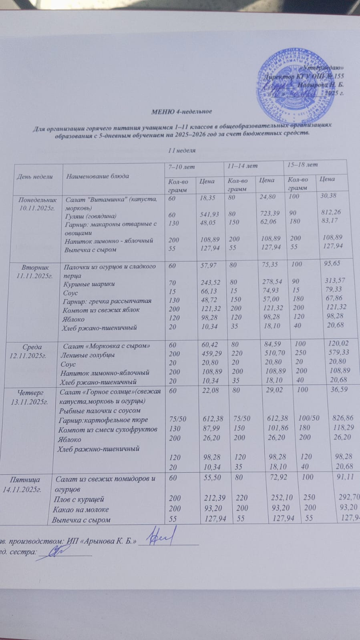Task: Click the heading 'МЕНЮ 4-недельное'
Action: (181, 111)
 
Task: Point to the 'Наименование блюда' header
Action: (98, 176)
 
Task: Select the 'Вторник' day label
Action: (36, 267)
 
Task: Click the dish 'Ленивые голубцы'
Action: (87, 355)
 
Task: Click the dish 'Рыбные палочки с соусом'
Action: (100, 410)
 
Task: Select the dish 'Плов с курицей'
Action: (79, 499)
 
